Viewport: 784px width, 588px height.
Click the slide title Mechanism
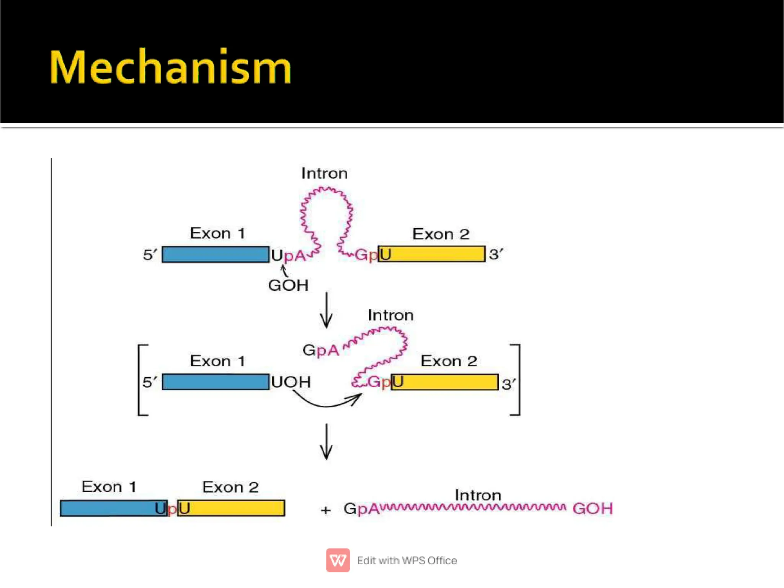pos(170,67)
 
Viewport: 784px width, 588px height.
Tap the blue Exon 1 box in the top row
pos(215,254)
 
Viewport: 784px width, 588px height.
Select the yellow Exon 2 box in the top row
pos(436,254)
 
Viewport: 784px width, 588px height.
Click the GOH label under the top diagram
pos(288,285)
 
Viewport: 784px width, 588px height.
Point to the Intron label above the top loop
pos(324,174)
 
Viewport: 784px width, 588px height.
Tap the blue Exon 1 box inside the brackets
pos(215,382)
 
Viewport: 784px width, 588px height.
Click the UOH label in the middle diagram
pos(291,382)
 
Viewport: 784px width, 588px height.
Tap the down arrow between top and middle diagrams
pos(326,310)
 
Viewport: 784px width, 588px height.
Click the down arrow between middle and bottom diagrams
pos(326,441)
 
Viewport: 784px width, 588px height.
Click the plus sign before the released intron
pos(325,510)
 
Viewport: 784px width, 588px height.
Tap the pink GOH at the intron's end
pos(592,509)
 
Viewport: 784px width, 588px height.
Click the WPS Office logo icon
pos(338,560)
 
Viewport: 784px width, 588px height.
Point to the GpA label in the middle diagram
pos(321,350)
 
